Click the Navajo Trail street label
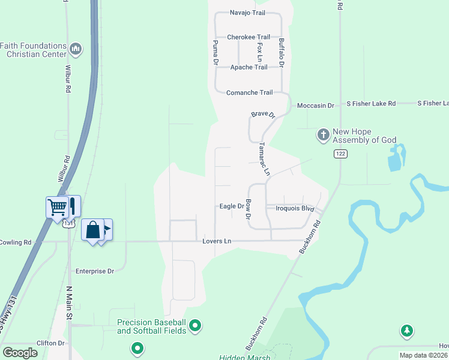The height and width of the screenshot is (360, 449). pyautogui.click(x=247, y=13)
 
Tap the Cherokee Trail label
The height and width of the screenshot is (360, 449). pyautogui.click(x=249, y=37)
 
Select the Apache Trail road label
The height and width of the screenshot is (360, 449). pyautogui.click(x=249, y=67)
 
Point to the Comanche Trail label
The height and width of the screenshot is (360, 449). pyautogui.click(x=249, y=92)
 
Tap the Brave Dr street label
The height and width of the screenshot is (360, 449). pyautogui.click(x=262, y=115)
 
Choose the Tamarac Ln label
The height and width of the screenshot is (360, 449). pyautogui.click(x=264, y=159)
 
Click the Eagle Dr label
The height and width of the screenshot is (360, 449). pyautogui.click(x=231, y=206)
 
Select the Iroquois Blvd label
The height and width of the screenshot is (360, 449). pyautogui.click(x=295, y=208)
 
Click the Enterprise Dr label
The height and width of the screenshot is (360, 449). pyautogui.click(x=94, y=271)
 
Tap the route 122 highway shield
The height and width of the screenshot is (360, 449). pyautogui.click(x=341, y=154)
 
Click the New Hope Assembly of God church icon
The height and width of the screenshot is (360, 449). pyautogui.click(x=323, y=135)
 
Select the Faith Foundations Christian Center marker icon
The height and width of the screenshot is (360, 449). pyautogui.click(x=76, y=48)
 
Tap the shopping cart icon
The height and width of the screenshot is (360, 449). pyautogui.click(x=58, y=208)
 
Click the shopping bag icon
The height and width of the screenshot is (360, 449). pyautogui.click(x=93, y=230)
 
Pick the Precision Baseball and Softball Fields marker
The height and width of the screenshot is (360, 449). pyautogui.click(x=195, y=326)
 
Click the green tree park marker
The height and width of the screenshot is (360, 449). pyautogui.click(x=407, y=331)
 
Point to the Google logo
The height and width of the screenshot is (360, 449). pyautogui.click(x=20, y=353)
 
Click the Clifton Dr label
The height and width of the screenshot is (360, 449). pyautogui.click(x=50, y=343)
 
